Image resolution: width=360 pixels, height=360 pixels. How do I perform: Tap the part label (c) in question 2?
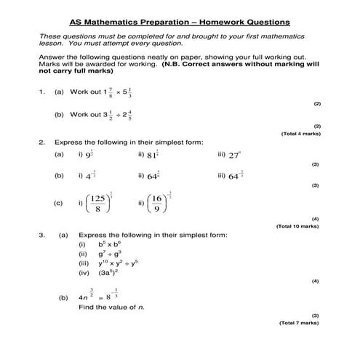pos(58,204)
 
